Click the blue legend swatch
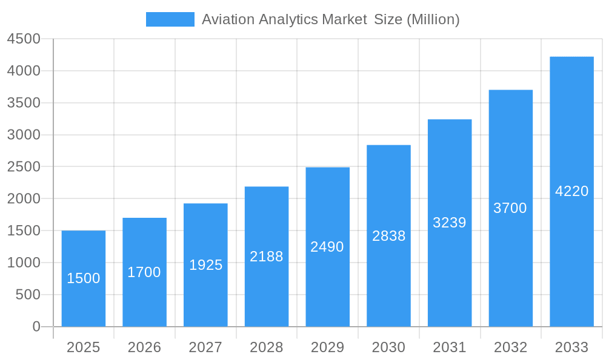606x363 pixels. tap(170, 19)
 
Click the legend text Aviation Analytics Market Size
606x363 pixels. tap(330, 19)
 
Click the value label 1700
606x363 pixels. tap(144, 272)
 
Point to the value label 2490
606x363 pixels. tap(327, 247)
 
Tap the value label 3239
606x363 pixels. tap(450, 223)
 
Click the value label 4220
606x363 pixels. tap(571, 191)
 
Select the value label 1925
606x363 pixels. tap(205, 265)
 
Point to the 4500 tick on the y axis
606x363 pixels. tap(24, 39)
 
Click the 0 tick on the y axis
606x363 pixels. tap(36, 327)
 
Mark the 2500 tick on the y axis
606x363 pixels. tap(24, 167)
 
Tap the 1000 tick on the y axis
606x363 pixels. tap(24, 263)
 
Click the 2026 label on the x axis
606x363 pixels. tap(144, 347)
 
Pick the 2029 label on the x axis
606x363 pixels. tap(327, 347)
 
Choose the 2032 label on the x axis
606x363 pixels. tap(510, 347)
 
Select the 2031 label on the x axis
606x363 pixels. tap(450, 347)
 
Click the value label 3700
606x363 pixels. tap(510, 208)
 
